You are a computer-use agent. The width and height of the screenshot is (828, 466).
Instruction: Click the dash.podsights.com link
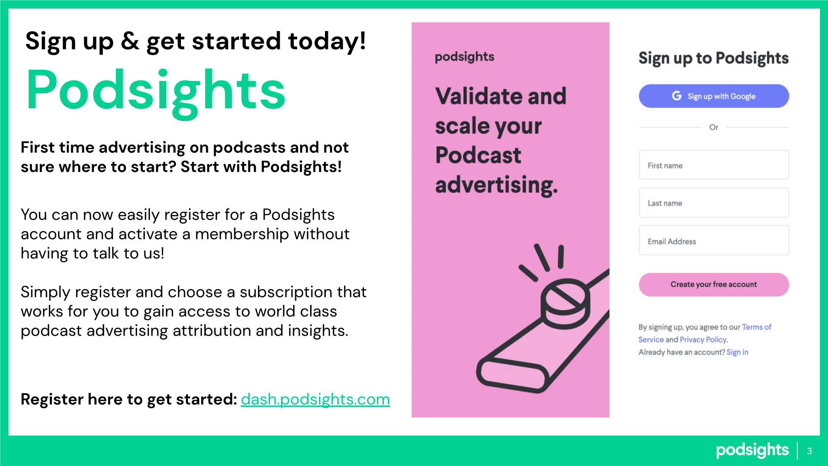coord(315,399)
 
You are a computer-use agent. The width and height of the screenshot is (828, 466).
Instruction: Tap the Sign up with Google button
coord(714,96)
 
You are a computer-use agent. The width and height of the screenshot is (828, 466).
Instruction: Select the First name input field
coord(714,165)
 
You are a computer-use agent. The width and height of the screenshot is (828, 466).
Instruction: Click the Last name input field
coord(714,203)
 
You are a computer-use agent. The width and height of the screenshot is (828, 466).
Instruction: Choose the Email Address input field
coord(714,241)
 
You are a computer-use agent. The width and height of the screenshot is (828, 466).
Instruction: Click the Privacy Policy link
coord(703,340)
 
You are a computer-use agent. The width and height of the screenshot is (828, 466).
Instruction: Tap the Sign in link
coord(737,352)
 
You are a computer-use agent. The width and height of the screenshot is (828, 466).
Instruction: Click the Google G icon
coord(676,96)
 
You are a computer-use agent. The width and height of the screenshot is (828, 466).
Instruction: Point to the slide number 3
coord(809,451)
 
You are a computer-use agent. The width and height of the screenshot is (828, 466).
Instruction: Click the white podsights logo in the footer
coord(752,450)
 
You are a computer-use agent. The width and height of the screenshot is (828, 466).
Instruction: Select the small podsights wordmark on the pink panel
coord(465,57)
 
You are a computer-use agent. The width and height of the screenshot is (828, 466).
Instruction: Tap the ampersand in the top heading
coord(130,41)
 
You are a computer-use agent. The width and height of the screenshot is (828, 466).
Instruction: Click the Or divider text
coord(714,127)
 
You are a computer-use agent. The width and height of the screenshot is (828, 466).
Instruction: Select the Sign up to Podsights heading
coord(714,58)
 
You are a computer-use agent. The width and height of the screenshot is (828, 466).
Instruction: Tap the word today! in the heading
coord(327,42)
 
